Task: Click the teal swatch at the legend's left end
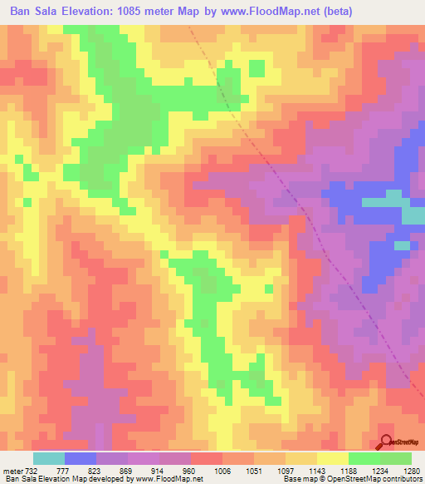coord(49,458)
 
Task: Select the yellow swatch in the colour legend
coord(332,458)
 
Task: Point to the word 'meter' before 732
coord(12,471)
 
